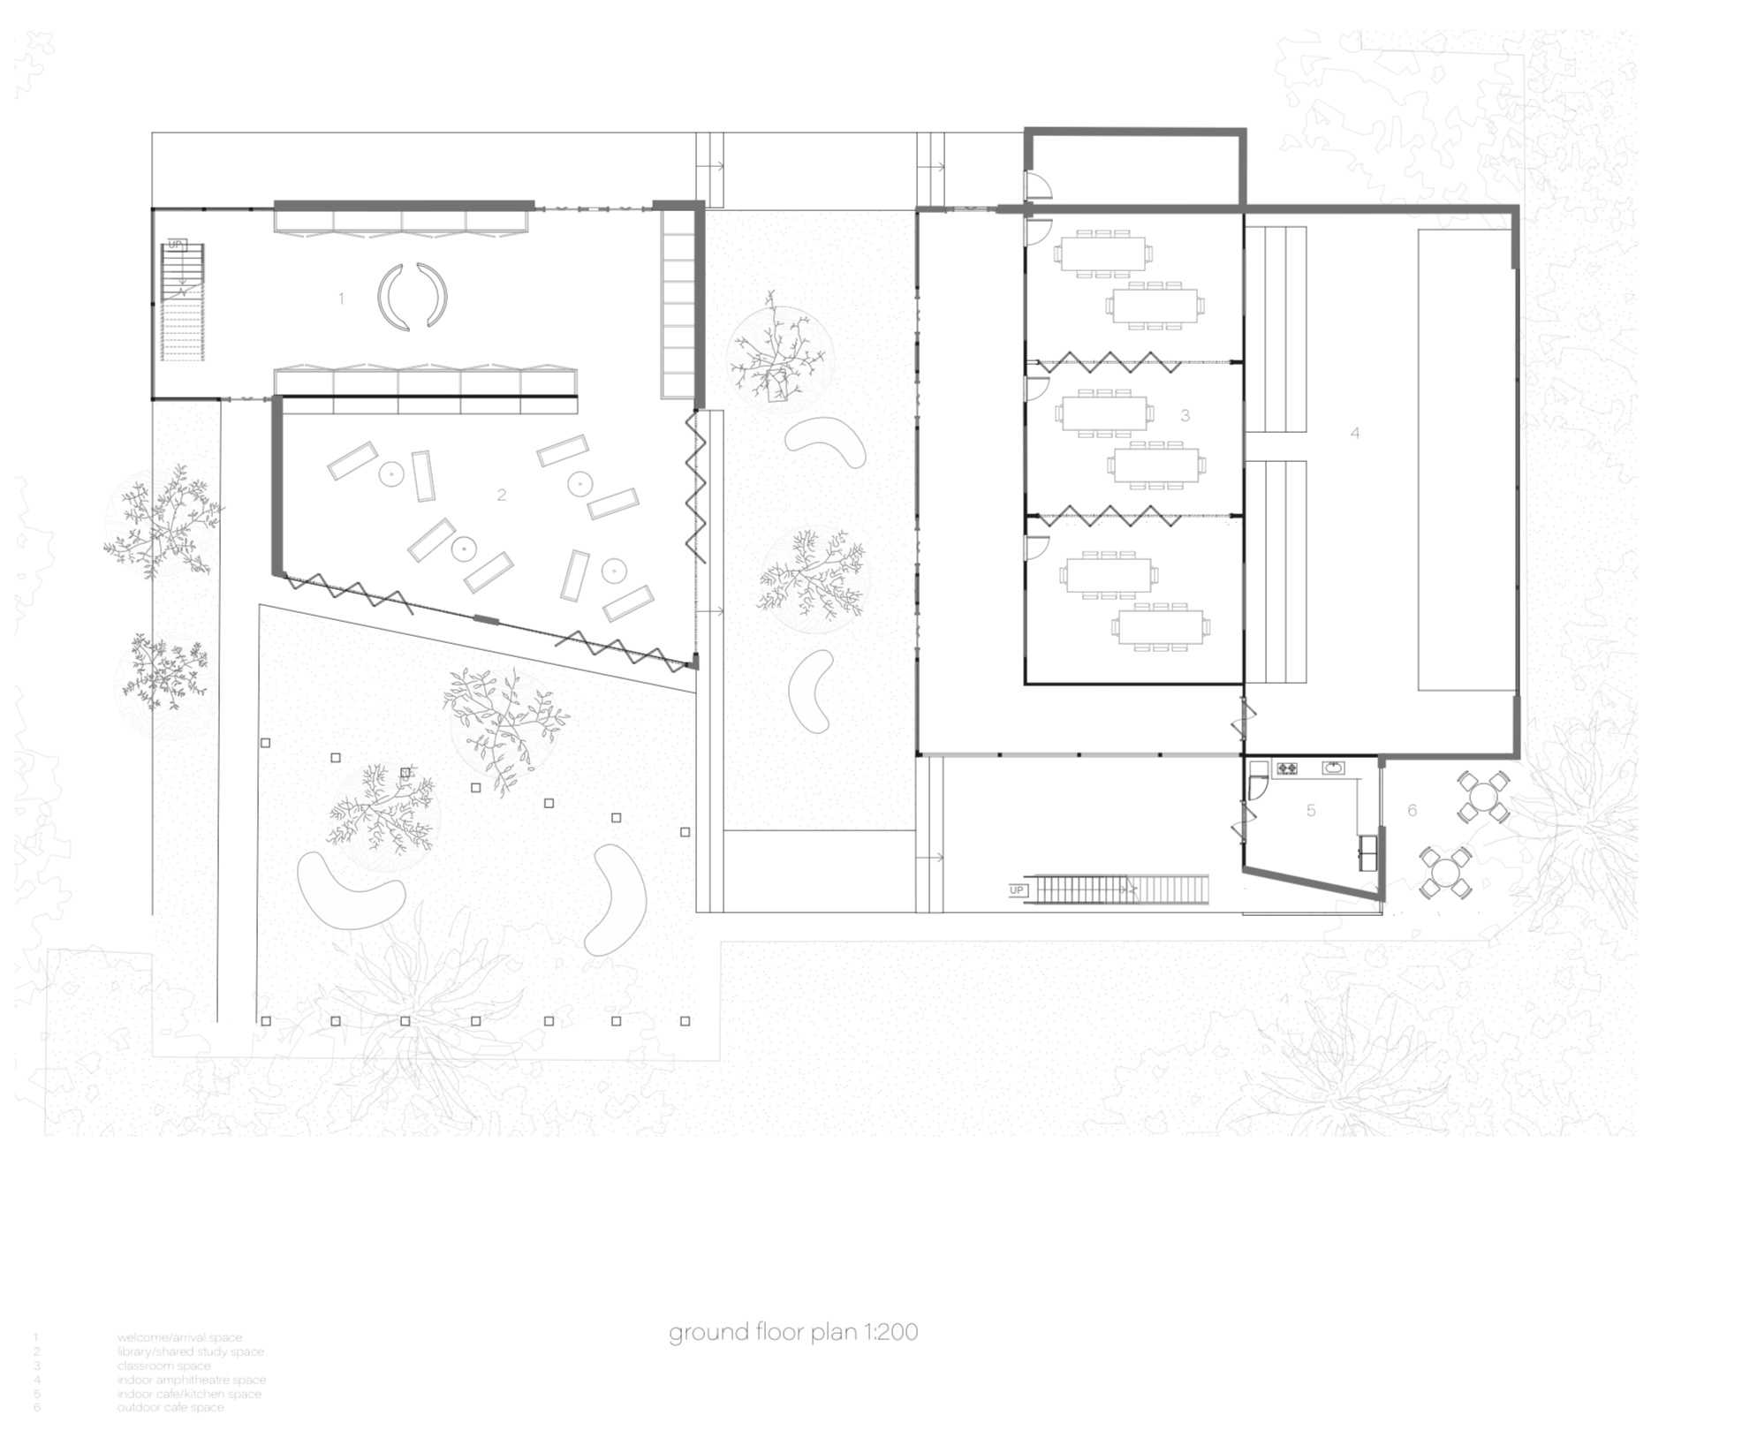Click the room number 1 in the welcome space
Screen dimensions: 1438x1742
pos(341,299)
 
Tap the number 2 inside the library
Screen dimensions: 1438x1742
pos(501,495)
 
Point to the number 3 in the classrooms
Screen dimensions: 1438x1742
pos(1185,415)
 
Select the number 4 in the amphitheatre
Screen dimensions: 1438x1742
pos(1354,433)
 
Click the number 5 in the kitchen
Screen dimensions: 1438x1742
pos(1311,810)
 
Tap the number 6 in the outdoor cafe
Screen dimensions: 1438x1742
pos(1412,810)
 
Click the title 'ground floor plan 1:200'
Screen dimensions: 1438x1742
pos(792,1332)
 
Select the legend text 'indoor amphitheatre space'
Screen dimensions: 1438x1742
pos(191,1380)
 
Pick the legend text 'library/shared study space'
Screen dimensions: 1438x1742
pos(190,1351)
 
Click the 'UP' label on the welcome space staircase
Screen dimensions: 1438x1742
pos(175,245)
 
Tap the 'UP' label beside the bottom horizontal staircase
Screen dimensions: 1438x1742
pos(1017,889)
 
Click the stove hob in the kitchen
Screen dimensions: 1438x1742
pos(1286,768)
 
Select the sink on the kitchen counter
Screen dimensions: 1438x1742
pos(1332,768)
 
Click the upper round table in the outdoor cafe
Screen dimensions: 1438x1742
pos(1481,798)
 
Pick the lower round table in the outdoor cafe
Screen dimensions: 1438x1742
pos(1445,873)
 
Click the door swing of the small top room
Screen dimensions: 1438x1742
pos(1035,185)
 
